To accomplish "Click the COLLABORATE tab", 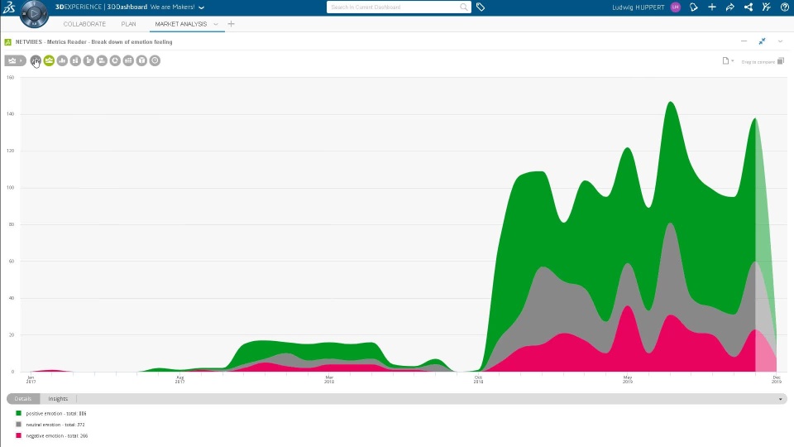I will [84, 24].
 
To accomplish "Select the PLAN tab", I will [129, 24].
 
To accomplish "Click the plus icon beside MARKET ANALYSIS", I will [231, 24].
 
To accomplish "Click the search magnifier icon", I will [464, 7].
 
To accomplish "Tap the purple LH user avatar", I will [676, 7].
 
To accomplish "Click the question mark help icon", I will [785, 7].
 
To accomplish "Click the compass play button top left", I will [34, 13].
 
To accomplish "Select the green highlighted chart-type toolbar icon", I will [49, 60].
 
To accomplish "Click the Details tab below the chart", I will [23, 399].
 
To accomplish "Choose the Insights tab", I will [58, 399].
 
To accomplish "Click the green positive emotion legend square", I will [18, 413].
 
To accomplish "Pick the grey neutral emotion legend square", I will [18, 424].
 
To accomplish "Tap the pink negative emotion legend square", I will [18, 435].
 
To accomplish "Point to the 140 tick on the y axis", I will [11, 114].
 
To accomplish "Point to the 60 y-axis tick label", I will [11, 261].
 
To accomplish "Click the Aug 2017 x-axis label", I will [179, 379].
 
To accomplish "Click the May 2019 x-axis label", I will [627, 379].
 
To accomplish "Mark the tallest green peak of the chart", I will [670, 103].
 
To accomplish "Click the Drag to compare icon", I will [781, 60].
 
